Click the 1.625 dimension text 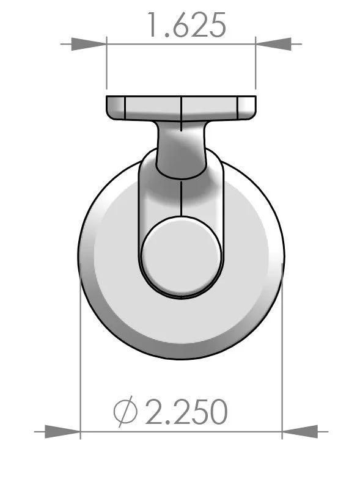coord(185,25)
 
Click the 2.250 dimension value coord(186,413)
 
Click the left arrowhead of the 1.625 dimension coord(89,44)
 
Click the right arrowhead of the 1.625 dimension coord(273,44)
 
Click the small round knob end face coord(180,256)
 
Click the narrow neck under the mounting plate coord(182,150)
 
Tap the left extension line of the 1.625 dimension coord(107,67)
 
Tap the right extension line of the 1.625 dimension coord(255,67)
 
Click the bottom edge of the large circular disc coord(181,359)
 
